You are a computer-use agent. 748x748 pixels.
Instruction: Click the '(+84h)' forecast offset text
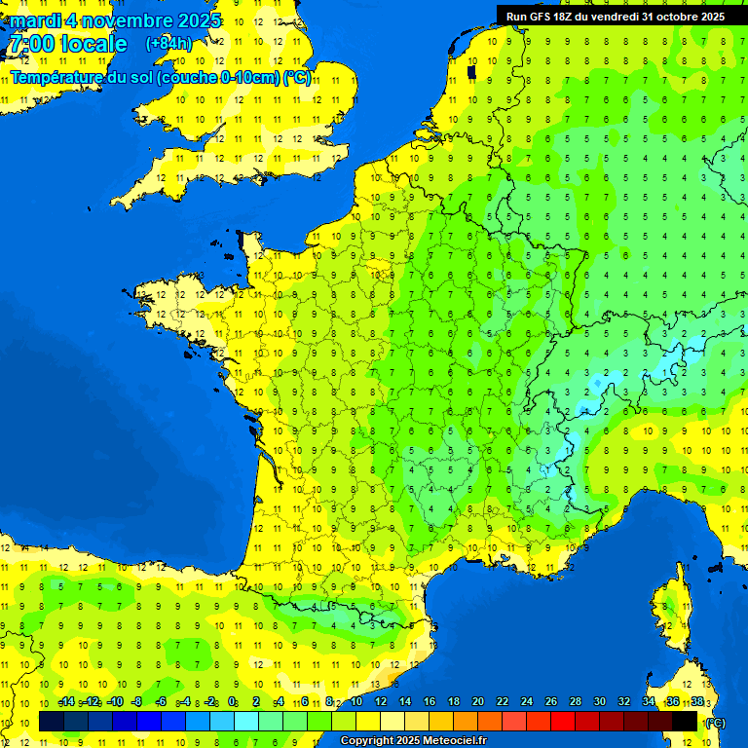click(x=168, y=44)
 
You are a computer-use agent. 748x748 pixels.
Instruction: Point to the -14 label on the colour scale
click(x=66, y=702)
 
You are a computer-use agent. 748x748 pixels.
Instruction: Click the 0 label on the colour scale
click(x=232, y=702)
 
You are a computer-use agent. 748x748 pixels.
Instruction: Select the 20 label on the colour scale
click(x=478, y=702)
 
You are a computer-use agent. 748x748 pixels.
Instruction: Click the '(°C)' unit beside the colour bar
click(x=716, y=722)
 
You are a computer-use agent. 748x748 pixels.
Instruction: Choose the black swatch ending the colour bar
click(x=686, y=721)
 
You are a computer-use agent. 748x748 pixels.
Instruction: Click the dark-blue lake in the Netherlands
click(x=471, y=71)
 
